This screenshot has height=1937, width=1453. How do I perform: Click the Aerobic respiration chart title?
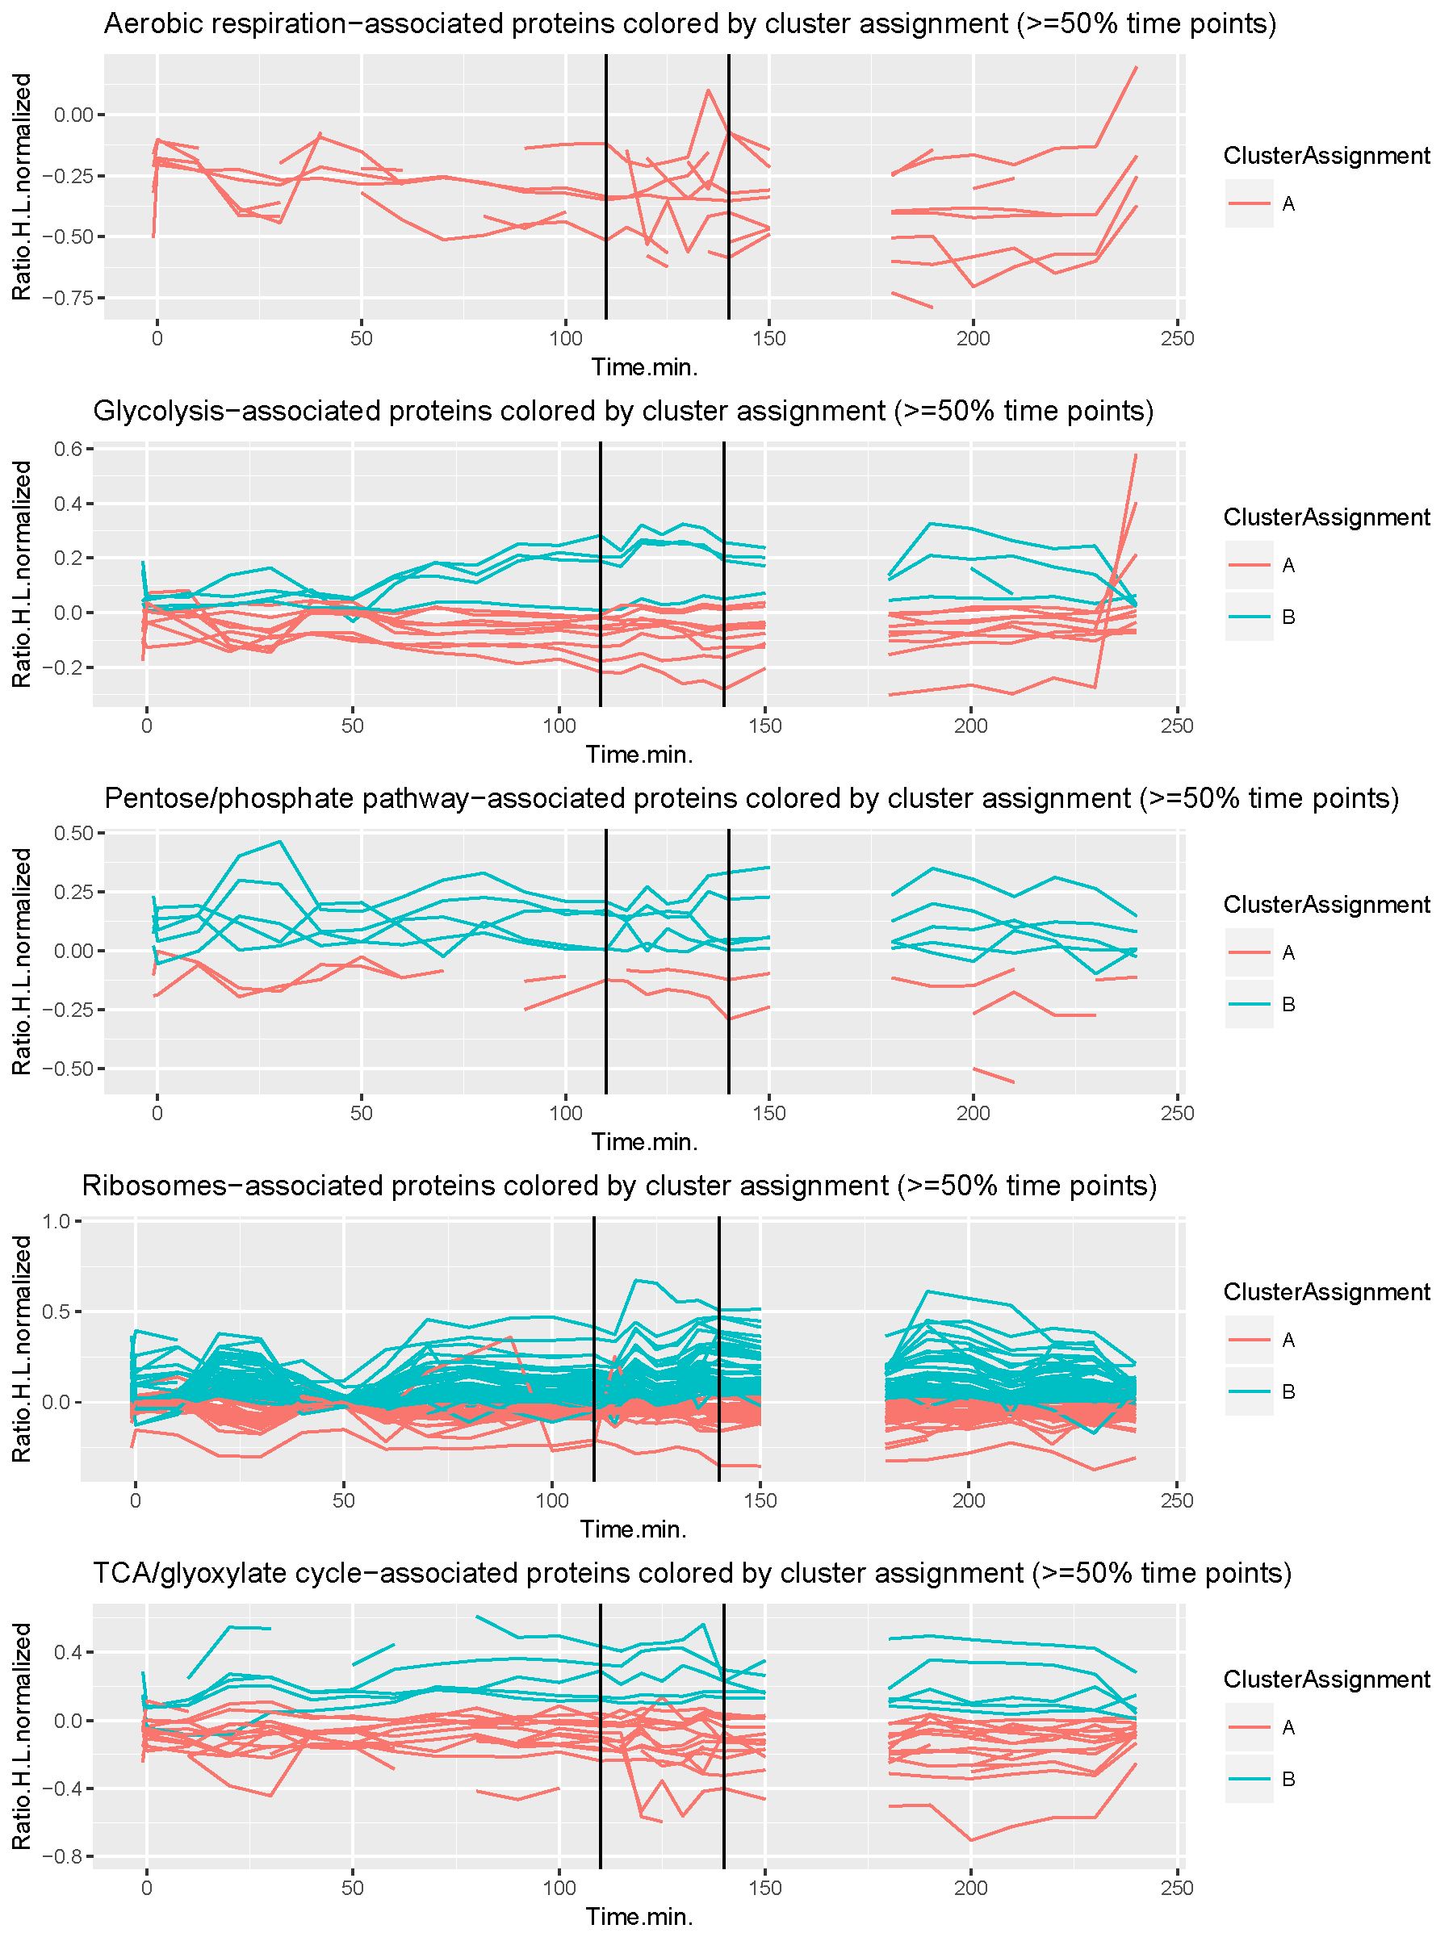(x=689, y=23)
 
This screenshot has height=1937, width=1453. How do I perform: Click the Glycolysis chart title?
(x=622, y=411)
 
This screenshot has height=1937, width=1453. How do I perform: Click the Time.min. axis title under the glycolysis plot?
(x=639, y=754)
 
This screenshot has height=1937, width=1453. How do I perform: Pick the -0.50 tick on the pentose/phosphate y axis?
(x=74, y=1069)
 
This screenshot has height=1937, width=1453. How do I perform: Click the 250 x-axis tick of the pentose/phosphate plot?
(x=1176, y=1113)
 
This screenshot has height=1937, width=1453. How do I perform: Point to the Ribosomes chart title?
(x=619, y=1186)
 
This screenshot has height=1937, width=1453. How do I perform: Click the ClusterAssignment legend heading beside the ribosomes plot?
(x=1326, y=1291)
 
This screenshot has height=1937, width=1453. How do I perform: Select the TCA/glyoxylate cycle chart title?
(x=692, y=1573)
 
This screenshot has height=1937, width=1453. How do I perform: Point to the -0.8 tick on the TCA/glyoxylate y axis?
(x=66, y=1856)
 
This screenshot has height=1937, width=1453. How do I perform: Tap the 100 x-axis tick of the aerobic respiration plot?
(x=565, y=338)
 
